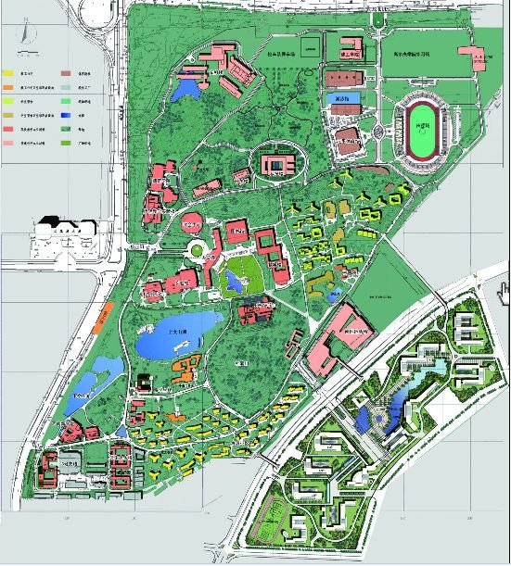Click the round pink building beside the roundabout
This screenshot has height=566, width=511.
click(x=189, y=223)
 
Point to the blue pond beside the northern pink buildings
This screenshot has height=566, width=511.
click(x=185, y=90)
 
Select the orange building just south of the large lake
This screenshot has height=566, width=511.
click(x=186, y=367)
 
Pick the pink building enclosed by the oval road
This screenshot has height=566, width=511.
click(x=276, y=164)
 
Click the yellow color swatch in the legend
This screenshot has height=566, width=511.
click(x=8, y=71)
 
